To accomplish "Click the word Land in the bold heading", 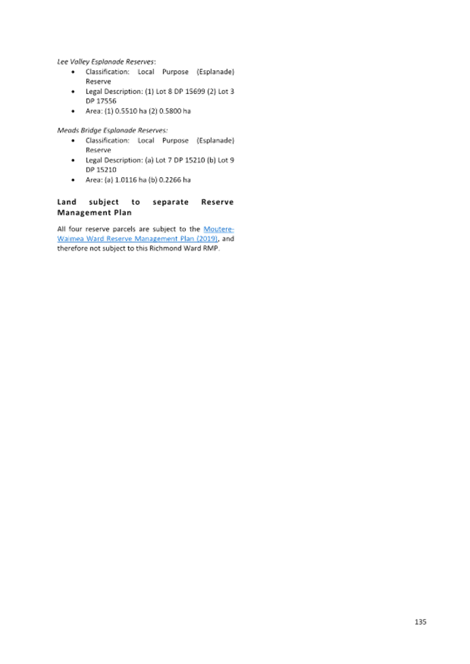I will pos(67,202).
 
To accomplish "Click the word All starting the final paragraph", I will pos(61,230).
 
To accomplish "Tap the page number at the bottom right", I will pos(420,621).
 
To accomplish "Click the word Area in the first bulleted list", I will pos(92,111).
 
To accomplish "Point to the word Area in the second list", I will pos(92,180).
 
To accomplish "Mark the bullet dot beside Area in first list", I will pos(74,111).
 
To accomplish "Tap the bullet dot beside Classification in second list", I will pos(74,140).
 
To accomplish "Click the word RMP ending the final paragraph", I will pos(213,249).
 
